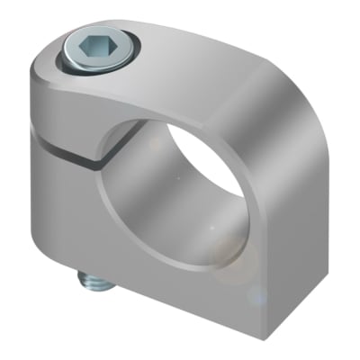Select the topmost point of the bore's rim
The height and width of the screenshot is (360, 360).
184,115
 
